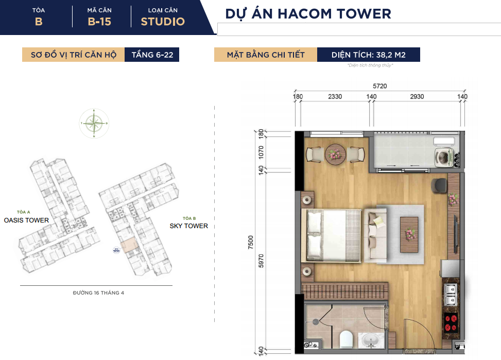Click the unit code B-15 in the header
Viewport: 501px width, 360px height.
pyautogui.click(x=99, y=22)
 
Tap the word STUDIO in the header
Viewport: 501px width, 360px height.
pyautogui.click(x=163, y=22)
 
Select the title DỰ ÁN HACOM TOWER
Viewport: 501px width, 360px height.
pyautogui.click(x=308, y=14)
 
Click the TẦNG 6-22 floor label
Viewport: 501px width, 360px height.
pyautogui.click(x=152, y=55)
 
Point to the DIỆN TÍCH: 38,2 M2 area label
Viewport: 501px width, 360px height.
pyautogui.click(x=368, y=55)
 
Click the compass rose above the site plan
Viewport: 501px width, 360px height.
pyautogui.click(x=94, y=124)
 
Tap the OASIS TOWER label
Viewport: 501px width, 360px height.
pyautogui.click(x=26, y=220)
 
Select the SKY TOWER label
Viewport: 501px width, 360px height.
pyautogui.click(x=188, y=226)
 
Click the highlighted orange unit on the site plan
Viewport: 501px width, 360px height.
pyautogui.click(x=129, y=246)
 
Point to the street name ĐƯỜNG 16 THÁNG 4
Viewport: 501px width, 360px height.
pyautogui.click(x=98, y=293)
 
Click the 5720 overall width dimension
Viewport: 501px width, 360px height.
pyautogui.click(x=379, y=86)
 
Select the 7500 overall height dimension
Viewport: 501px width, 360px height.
pyautogui.click(x=250, y=243)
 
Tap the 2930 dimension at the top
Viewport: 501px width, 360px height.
pyautogui.click(x=417, y=96)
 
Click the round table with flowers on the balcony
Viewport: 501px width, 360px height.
pyautogui.click(x=335, y=155)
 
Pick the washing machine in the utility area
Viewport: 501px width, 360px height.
pyautogui.click(x=443, y=157)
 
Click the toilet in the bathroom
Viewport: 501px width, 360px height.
pyautogui.click(x=345, y=339)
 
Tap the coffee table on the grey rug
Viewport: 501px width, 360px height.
pyautogui.click(x=409, y=235)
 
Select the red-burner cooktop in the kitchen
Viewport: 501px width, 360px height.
pyautogui.click(x=451, y=323)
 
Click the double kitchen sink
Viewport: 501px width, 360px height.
pyautogui.click(x=451, y=295)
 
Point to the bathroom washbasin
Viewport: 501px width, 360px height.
pyautogui.click(x=370, y=341)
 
